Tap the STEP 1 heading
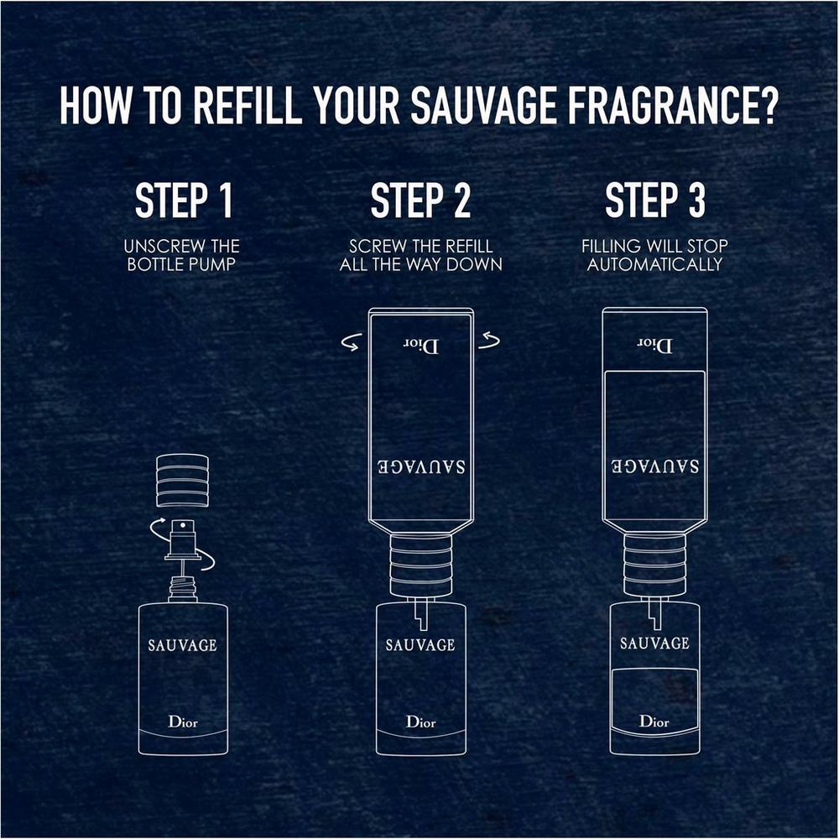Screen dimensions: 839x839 (x=184, y=201)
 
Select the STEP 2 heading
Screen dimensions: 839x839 (x=420, y=201)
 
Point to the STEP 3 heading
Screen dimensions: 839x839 (x=654, y=201)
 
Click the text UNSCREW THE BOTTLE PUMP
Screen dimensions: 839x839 (x=182, y=255)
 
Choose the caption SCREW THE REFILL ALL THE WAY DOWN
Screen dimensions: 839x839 (x=420, y=255)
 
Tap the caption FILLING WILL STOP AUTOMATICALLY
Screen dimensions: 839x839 (x=654, y=255)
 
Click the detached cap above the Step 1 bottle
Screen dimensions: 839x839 (x=182, y=480)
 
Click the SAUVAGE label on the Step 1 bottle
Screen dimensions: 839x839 (x=182, y=645)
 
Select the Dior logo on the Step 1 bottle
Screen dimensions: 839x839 (x=182, y=721)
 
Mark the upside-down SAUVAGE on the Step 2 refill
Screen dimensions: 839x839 (x=420, y=466)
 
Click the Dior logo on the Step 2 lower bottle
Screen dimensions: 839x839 (x=420, y=722)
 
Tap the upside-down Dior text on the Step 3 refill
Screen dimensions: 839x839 (x=654, y=345)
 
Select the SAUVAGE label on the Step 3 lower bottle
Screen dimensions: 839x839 (x=654, y=644)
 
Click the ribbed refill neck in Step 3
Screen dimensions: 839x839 (x=654, y=564)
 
